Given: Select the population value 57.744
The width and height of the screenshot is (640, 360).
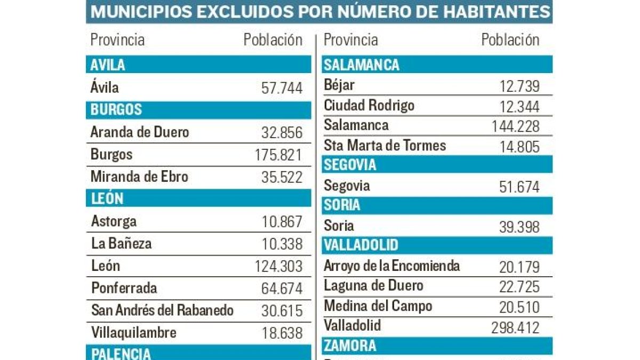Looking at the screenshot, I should (282, 88).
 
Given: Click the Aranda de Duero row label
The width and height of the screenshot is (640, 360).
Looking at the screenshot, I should (140, 132).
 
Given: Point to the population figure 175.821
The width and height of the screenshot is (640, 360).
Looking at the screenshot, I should (278, 155).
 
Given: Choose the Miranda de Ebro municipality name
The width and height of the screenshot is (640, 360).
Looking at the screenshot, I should (139, 177).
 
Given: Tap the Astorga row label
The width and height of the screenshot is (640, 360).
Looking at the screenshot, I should (114, 221).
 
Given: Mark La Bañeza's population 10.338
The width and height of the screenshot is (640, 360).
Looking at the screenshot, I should (282, 244).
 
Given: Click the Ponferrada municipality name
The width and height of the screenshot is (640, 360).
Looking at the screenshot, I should (124, 289).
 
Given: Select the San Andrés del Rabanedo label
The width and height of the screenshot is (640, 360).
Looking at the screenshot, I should (162, 310).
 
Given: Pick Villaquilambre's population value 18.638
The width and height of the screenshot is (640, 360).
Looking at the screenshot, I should (282, 333).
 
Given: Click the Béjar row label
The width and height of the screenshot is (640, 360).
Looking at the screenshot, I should (339, 85).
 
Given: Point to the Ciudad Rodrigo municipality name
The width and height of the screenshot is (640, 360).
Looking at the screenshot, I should (369, 106).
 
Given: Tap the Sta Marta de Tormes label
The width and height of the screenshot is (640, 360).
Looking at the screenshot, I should (385, 145).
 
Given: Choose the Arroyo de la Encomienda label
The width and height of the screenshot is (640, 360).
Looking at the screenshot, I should (391, 266).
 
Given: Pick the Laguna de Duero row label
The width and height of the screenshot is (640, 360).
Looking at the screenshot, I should (373, 286).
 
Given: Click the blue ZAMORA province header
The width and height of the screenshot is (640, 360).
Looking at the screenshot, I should (437, 346).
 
